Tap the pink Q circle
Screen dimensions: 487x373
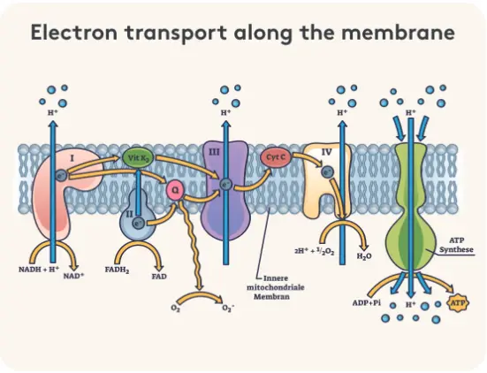coord(175,191)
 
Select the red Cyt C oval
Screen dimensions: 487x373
coord(276,157)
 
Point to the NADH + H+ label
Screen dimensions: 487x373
coord(39,269)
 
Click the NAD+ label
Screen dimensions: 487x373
coord(74,276)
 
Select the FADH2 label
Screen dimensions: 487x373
coord(117,270)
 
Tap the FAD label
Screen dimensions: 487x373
coord(159,276)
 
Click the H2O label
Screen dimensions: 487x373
coord(364,256)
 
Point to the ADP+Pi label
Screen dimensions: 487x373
coord(367,302)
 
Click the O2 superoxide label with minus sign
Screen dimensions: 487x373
coord(228,308)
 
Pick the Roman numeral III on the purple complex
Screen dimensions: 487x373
coord(214,152)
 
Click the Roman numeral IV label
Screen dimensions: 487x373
coord(326,152)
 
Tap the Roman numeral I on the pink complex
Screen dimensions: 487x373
coord(72,158)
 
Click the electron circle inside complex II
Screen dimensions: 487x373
coord(139,223)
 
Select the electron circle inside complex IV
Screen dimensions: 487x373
coord(327,171)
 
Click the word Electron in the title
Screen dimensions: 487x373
coord(74,33)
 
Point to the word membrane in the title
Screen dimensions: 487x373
coord(398,33)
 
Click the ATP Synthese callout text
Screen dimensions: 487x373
coord(456,245)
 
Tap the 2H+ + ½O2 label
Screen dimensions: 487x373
coord(314,251)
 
